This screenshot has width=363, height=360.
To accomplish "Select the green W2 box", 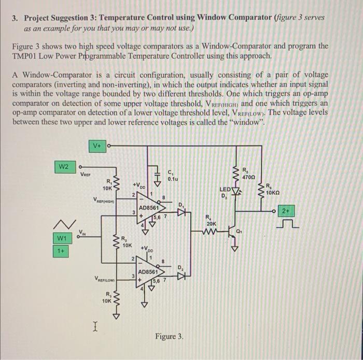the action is [63, 166].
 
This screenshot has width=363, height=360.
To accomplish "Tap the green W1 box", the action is [62, 238].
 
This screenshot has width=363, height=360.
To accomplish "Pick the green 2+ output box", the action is [286, 211].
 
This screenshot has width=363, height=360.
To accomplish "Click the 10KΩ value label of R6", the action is [273, 192].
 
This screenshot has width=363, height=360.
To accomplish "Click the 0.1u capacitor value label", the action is [173, 179].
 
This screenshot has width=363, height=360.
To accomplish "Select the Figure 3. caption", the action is [169, 337].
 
